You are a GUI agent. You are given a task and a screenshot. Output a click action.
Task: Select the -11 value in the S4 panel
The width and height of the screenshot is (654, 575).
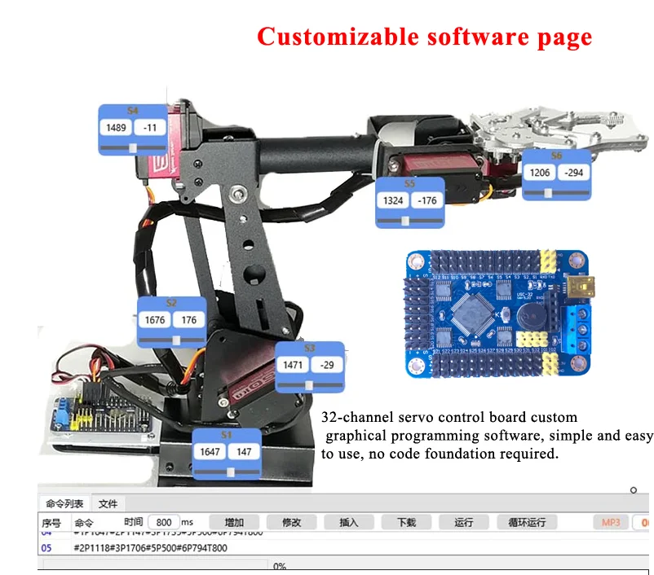coord(149,128)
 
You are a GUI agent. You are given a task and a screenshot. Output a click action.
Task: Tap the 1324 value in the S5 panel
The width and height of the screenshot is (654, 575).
coord(394,200)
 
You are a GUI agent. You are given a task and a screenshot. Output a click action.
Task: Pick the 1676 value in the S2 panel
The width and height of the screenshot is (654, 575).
coord(155,320)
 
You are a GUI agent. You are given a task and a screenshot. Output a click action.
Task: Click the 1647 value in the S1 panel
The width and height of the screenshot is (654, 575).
coord(210,452)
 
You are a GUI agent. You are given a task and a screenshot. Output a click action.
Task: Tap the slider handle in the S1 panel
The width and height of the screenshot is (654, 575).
coord(232,472)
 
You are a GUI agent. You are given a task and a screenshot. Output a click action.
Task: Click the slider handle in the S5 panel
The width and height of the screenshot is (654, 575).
coord(413,220)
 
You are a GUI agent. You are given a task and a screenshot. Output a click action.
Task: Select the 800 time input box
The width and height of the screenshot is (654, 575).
coord(164,522)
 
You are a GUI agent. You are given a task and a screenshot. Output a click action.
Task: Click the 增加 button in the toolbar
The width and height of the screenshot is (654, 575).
coord(234,522)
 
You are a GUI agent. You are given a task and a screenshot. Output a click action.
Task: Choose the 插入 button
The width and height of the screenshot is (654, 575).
coord(348,522)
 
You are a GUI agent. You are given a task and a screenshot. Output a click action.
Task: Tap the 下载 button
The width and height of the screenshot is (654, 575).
coord(406,522)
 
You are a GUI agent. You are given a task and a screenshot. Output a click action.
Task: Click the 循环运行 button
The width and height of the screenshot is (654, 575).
coord(527,522)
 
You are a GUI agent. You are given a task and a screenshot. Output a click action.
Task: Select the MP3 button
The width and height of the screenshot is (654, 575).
coord(611,522)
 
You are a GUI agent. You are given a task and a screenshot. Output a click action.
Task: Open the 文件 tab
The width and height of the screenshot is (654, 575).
coord(108,504)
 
